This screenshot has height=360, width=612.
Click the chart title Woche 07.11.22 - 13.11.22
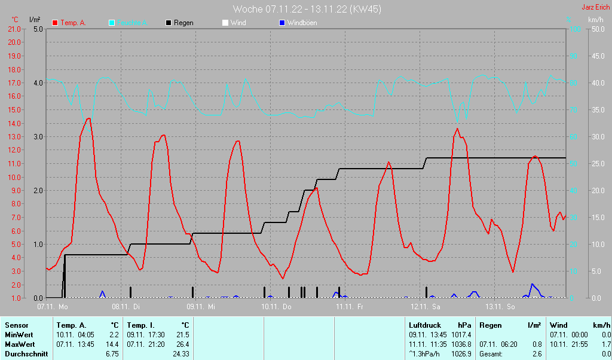[x=307, y=9]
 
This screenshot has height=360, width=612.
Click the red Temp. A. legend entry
[x=69, y=23]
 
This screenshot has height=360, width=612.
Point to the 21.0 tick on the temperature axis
[x=13, y=29]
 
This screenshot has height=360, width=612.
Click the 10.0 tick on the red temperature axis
[x=13, y=177]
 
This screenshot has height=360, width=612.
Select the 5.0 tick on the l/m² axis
[x=37, y=29]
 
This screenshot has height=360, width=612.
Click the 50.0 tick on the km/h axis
[x=597, y=29]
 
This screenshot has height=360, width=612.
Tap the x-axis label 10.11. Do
[x=277, y=307]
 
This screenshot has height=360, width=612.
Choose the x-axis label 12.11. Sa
[x=425, y=307]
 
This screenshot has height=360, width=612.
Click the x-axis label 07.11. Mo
[x=53, y=307]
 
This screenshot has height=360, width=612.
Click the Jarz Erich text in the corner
[x=596, y=7]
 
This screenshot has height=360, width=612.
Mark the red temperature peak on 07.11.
[x=88, y=118]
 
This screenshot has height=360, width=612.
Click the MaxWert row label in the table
[x=20, y=344]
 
